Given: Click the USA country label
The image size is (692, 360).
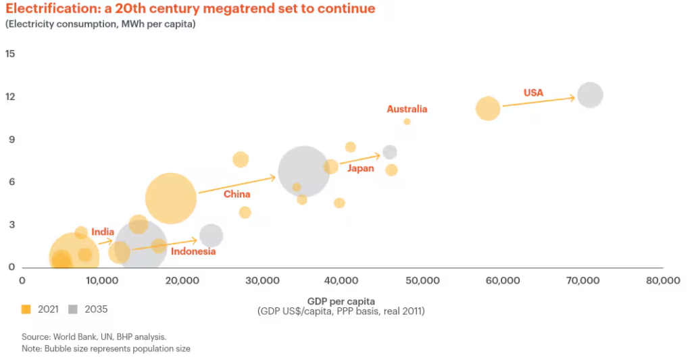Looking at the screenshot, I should [533, 93].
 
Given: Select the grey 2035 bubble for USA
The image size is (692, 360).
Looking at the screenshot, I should [590, 95].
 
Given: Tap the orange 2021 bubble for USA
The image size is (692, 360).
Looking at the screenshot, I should [487, 108].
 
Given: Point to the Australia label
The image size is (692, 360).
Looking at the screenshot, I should [407, 109].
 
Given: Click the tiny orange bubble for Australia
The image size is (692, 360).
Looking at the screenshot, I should [407, 122].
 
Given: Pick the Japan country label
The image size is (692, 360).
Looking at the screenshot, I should [360, 168].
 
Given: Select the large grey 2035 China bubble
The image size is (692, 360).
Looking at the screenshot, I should [304, 172].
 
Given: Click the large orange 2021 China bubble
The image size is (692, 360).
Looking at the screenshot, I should [171, 198].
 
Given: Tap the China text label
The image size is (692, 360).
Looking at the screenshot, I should [237, 195].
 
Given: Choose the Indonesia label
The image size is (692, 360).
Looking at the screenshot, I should [193, 251].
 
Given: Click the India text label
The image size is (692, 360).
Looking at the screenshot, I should [103, 232].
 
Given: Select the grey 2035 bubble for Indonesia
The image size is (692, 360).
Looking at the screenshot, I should [212, 235].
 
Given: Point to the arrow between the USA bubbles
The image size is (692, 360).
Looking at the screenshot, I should [538, 101].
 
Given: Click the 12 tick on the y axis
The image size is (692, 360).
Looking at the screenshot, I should [10, 97].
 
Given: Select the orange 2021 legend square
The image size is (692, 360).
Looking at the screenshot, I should [26, 309].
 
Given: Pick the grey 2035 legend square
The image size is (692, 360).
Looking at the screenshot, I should [73, 309].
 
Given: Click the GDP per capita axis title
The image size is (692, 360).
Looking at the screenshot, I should [341, 300].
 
